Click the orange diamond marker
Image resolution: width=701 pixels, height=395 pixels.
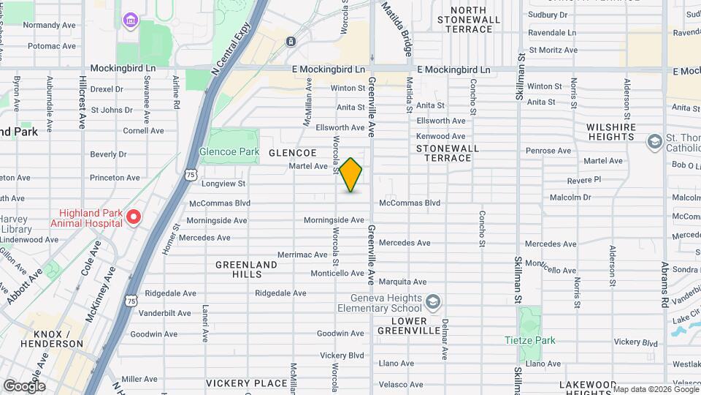[x=351, y=175]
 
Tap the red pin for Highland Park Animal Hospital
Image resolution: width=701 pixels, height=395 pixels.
[x=134, y=217]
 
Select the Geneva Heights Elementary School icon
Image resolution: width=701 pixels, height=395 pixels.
[x=433, y=301]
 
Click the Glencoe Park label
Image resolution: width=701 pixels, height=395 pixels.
[x=229, y=151]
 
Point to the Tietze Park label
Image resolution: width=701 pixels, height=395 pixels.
[x=530, y=340]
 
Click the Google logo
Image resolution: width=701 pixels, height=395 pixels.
[x=23, y=385]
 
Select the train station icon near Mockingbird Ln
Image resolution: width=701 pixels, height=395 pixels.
[x=291, y=42]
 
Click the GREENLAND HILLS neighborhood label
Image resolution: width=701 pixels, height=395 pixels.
[x=246, y=269]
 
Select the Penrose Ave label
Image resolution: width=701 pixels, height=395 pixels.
[x=552, y=151]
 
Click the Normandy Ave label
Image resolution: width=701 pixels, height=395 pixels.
[x=50, y=25]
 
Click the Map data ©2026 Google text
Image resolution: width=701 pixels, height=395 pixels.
[x=654, y=388]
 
